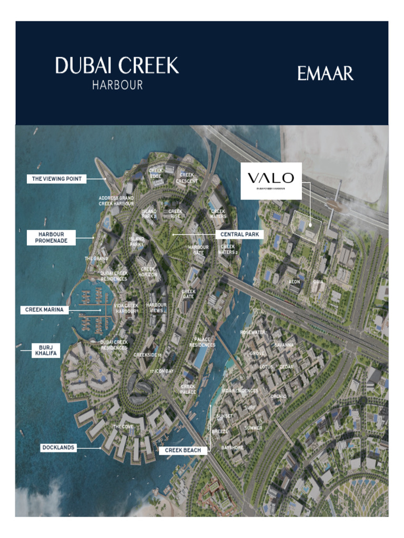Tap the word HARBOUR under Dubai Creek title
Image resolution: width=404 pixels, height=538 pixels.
click(x=117, y=85)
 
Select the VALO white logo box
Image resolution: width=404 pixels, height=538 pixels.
click(x=271, y=181)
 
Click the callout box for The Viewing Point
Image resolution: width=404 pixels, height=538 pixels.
click(x=57, y=179)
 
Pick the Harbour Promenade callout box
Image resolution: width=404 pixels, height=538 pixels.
click(x=52, y=237)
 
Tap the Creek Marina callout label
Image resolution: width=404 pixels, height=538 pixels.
click(x=44, y=310)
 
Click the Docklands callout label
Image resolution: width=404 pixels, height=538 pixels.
click(x=58, y=448)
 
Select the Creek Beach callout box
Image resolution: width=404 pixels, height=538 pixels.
click(x=183, y=450)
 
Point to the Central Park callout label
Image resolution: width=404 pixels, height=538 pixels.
click(x=240, y=234)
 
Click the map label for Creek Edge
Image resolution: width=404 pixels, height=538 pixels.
click(x=155, y=173)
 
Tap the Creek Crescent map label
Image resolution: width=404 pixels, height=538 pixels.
click(x=187, y=178)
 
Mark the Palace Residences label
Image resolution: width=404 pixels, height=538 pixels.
click(x=203, y=343)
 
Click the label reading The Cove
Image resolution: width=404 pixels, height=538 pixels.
click(x=123, y=427)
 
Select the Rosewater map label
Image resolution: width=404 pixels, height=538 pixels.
click(x=253, y=333)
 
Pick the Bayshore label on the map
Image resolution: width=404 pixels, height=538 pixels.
click(x=232, y=448)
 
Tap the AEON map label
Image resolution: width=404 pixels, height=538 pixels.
click(x=295, y=282)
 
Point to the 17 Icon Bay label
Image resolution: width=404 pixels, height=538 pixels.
click(x=161, y=371)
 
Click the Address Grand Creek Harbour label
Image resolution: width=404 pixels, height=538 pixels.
click(x=116, y=201)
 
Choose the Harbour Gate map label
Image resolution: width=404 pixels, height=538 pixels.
click(x=198, y=250)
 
